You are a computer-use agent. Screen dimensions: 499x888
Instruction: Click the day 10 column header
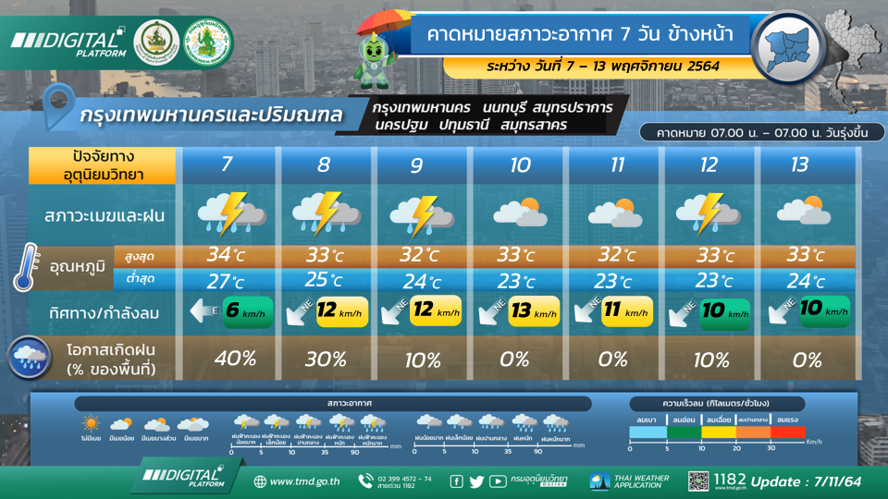point(519,165)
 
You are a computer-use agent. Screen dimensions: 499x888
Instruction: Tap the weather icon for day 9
point(422,214)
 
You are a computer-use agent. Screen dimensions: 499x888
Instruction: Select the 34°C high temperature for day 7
point(228,255)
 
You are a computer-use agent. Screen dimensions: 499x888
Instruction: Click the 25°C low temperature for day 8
point(324,280)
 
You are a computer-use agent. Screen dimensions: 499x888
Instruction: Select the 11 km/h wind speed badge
point(628,312)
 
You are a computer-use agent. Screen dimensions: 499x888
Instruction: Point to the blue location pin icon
point(61,105)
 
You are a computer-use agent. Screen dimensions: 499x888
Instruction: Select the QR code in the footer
point(698,481)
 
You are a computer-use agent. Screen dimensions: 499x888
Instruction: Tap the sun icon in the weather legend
point(91,424)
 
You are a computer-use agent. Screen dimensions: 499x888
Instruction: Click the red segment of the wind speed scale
point(789,432)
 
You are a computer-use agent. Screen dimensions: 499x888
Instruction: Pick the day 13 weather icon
point(802,213)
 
